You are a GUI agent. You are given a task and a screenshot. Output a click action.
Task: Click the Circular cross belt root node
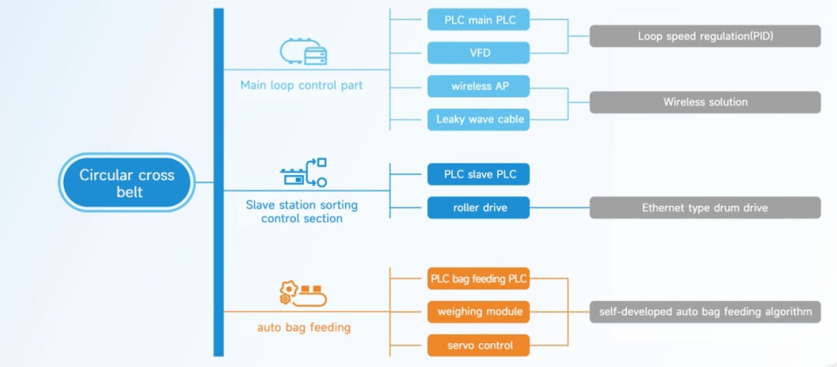[127, 182]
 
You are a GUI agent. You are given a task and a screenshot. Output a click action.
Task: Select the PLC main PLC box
[478, 20]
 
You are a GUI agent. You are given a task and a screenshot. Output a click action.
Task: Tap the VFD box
[478, 53]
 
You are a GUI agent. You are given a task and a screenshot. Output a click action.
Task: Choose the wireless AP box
[478, 86]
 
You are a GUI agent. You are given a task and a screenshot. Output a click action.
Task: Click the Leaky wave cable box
[478, 119]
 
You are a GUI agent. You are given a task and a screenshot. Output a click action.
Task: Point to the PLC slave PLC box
[478, 174]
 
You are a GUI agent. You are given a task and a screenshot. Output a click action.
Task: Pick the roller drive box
[478, 208]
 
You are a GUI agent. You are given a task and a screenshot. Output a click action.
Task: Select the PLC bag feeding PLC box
[478, 279]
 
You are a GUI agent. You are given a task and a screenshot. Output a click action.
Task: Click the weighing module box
[478, 311]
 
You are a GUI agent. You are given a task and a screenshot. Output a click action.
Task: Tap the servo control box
[478, 345]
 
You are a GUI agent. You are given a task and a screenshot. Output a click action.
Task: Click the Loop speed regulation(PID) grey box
[705, 36]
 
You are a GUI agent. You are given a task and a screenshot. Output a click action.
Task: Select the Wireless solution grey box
[705, 102]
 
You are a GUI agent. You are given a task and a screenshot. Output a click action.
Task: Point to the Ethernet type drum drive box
[705, 208]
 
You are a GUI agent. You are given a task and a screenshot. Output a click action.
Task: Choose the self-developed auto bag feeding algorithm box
[705, 311]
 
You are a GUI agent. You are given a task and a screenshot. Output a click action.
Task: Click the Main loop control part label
[302, 85]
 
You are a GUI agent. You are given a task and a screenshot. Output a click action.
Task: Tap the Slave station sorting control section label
[302, 211]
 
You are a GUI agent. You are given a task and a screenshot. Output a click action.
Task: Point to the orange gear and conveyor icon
[303, 293]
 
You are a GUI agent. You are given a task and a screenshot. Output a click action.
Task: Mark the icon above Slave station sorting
[303, 172]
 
